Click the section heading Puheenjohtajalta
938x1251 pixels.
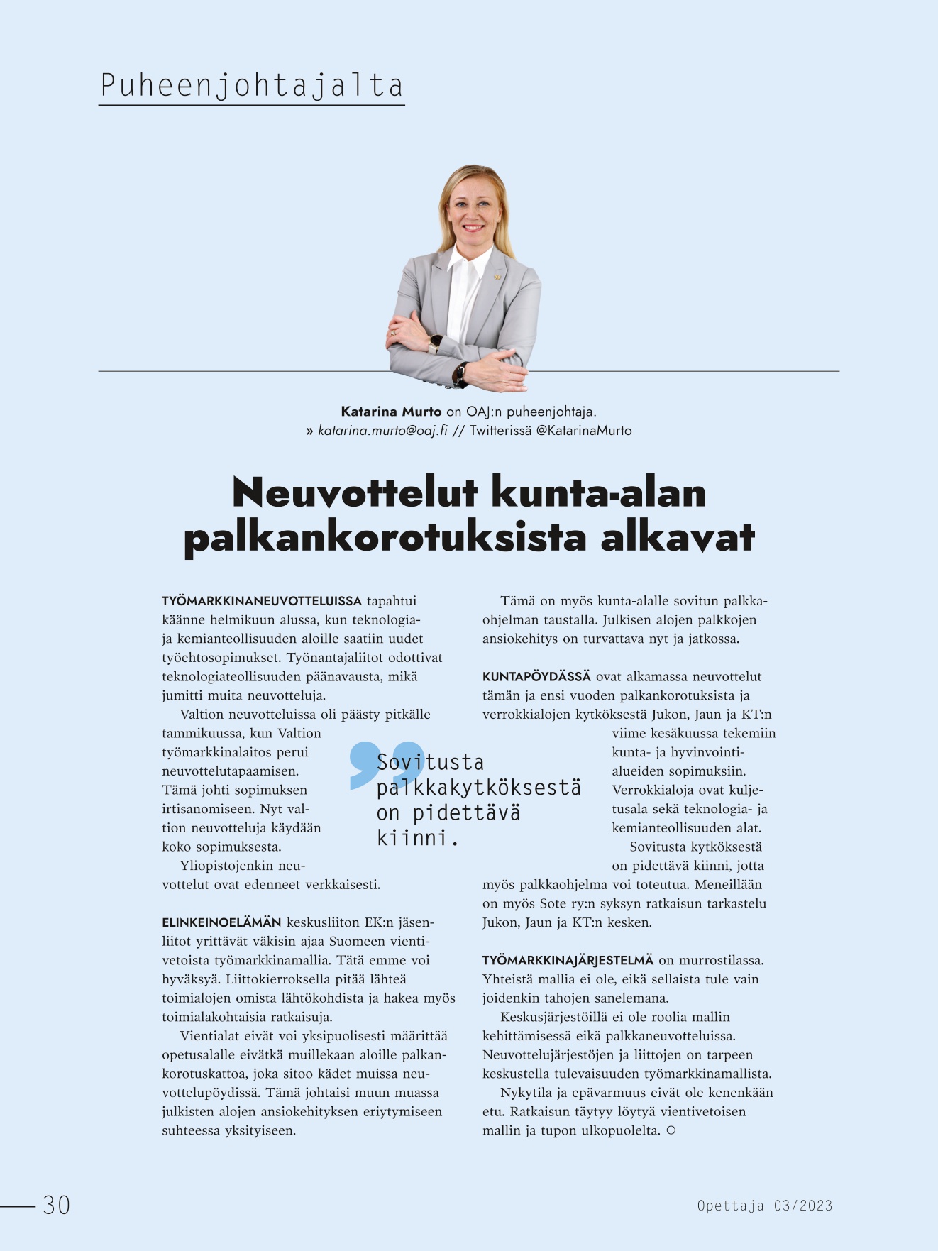click(252, 86)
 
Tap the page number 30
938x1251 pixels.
click(56, 1205)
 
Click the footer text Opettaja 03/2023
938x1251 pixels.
click(764, 1206)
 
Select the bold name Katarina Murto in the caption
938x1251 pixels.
click(391, 412)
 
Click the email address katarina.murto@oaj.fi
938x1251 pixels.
click(382, 431)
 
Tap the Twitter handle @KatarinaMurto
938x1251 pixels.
click(583, 431)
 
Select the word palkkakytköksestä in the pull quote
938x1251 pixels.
click(478, 788)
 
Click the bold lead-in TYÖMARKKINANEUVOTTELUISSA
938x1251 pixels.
click(262, 601)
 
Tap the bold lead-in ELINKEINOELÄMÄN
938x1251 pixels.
click(221, 922)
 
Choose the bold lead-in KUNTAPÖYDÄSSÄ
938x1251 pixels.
click(536, 676)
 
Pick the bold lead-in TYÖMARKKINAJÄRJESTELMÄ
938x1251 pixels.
click(568, 960)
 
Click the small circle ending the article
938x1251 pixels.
click(671, 1130)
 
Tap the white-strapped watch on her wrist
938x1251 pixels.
click(434, 343)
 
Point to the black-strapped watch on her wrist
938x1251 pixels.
click(460, 373)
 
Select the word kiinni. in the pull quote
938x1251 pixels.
click(417, 838)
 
